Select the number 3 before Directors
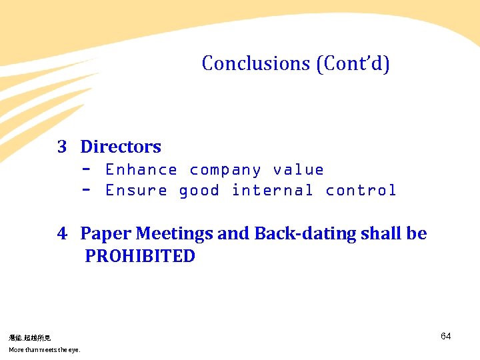click(x=62, y=147)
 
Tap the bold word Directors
click(x=121, y=147)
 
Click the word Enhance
click(x=141, y=170)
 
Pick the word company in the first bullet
click(x=225, y=170)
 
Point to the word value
click(x=298, y=170)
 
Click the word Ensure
click(x=136, y=191)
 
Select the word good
click(x=199, y=191)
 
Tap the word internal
click(x=272, y=191)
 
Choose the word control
click(x=361, y=191)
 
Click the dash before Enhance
click(x=86, y=169)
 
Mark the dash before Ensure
click(x=86, y=189)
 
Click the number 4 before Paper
click(x=62, y=234)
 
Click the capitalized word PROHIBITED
click(x=140, y=257)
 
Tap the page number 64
click(x=446, y=336)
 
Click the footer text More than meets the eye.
click(x=44, y=350)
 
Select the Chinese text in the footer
click(x=29, y=338)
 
